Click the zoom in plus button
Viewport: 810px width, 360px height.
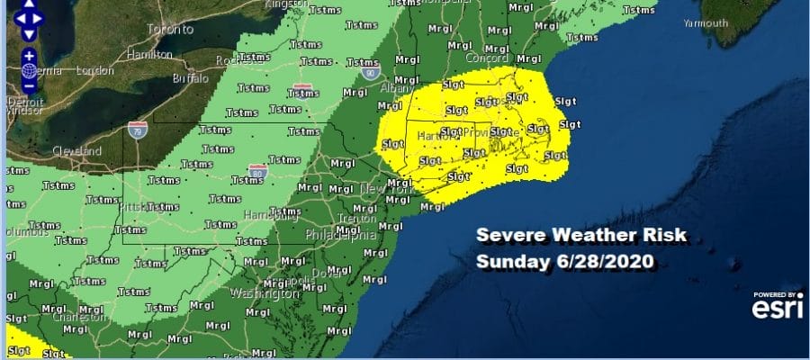click(x=29, y=56)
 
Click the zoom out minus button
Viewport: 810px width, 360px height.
click(x=29, y=85)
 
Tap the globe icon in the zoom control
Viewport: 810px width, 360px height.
click(x=29, y=70)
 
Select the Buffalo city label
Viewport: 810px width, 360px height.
click(x=188, y=78)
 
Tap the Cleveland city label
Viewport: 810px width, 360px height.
click(x=76, y=151)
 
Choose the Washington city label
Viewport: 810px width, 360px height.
click(x=264, y=293)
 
